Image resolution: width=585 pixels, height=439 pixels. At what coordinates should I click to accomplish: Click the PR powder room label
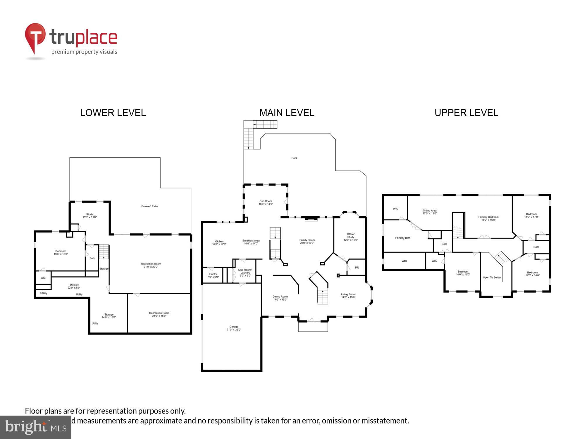357,267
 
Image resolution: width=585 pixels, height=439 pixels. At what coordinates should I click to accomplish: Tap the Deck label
294,158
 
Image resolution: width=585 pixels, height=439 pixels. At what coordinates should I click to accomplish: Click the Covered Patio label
149,206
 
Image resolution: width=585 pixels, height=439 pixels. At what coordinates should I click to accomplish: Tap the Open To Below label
492,277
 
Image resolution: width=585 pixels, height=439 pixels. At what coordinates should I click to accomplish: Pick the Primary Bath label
402,238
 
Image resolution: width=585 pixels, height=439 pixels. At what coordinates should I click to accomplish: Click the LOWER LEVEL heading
113,113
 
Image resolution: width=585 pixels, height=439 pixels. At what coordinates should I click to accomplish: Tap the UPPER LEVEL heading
466,113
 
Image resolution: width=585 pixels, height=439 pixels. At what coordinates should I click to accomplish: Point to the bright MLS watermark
35,427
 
